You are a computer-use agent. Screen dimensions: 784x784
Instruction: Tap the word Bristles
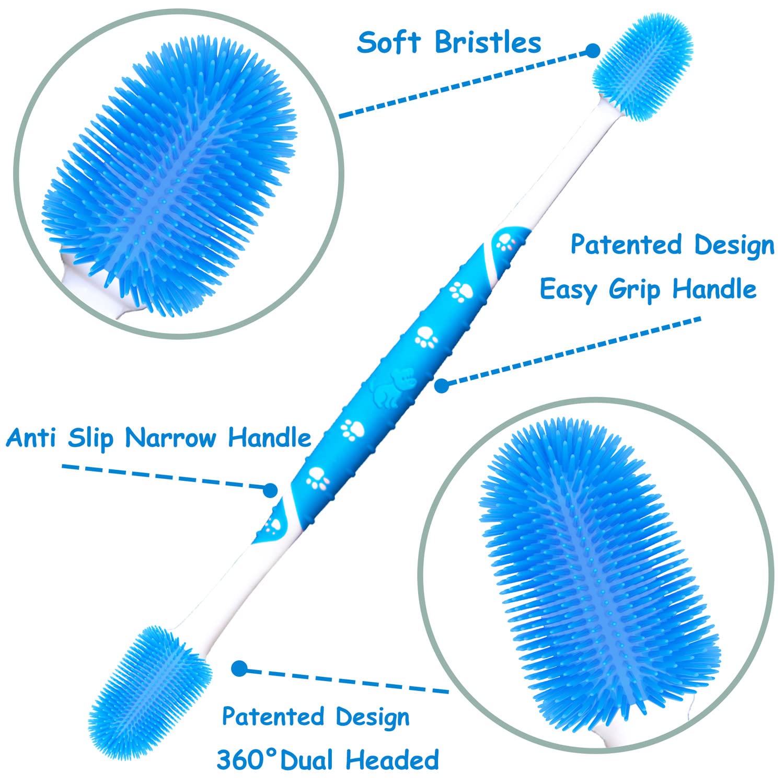click(x=488, y=42)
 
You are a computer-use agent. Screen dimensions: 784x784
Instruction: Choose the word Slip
click(x=90, y=438)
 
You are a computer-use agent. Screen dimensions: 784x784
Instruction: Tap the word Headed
click(x=393, y=759)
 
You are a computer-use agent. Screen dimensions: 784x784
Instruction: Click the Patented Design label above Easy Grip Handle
click(x=672, y=245)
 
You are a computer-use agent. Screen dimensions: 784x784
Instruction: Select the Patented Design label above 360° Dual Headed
click(x=316, y=717)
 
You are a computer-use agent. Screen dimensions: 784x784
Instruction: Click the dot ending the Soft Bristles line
click(x=592, y=51)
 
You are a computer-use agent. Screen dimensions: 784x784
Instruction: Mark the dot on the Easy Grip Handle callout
click(x=442, y=386)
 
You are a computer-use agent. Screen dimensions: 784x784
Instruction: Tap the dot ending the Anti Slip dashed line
click(x=270, y=490)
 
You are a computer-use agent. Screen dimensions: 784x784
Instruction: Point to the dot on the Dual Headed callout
click(x=239, y=668)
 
